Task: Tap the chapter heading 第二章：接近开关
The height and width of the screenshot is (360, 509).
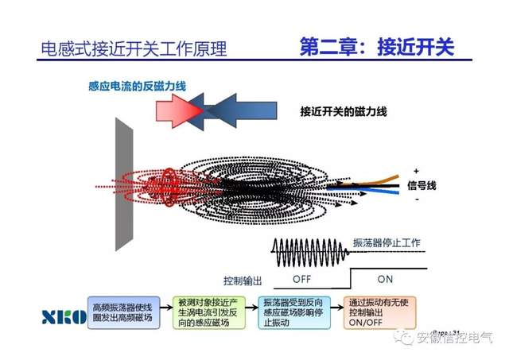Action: (x=375, y=45)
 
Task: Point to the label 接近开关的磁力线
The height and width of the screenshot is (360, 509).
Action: (x=343, y=110)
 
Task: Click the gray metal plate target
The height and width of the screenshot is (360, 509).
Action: (x=126, y=184)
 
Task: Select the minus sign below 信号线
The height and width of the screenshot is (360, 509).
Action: (x=416, y=199)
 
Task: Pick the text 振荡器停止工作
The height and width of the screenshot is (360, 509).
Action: (x=402, y=242)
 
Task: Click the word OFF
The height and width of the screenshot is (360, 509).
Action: (x=302, y=279)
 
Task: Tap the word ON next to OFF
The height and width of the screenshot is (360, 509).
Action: (x=386, y=279)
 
